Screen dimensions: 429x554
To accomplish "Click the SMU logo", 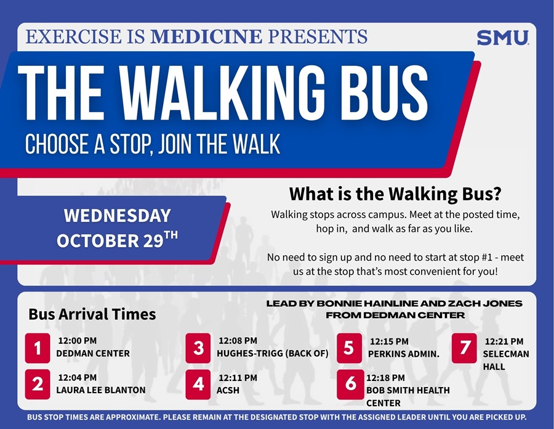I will [x=502, y=38].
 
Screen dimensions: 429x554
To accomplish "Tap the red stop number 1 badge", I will [x=38, y=348].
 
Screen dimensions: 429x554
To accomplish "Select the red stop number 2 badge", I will [x=38, y=384].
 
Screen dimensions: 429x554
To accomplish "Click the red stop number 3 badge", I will [x=198, y=348].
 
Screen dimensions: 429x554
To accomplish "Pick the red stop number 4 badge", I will [x=198, y=384].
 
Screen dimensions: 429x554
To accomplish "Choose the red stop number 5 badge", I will [x=349, y=348].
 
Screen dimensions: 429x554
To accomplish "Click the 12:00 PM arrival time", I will [x=77, y=340].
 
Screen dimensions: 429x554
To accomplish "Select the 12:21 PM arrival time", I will [x=504, y=341].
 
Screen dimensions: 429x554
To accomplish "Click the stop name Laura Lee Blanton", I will [x=101, y=390].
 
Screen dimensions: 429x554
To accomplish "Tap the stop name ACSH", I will [x=228, y=390].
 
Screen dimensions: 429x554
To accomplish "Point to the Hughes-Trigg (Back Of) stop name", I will [x=273, y=354].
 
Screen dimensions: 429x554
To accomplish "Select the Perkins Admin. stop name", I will [x=403, y=354].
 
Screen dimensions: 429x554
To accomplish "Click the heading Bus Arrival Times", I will [x=92, y=314].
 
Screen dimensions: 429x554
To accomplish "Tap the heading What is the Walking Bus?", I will [x=395, y=194].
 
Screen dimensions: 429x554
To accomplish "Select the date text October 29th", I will [x=117, y=239].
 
